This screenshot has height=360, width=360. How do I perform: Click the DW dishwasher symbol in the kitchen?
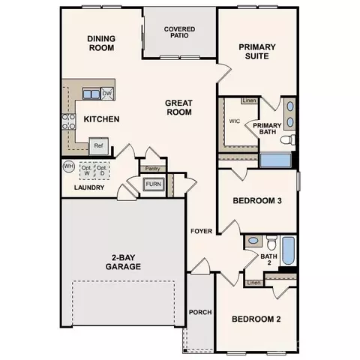click(107, 94)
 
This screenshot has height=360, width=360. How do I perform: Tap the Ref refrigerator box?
click(99, 146)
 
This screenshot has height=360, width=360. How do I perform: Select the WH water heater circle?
click(68, 166)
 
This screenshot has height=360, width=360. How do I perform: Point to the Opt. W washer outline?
click(87, 171)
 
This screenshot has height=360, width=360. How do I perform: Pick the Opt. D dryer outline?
click(102, 171)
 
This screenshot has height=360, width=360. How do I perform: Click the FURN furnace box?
click(154, 184)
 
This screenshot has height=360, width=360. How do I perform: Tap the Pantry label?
click(152, 169)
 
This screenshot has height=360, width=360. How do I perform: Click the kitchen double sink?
click(91, 94)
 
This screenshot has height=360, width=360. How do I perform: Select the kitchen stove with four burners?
click(69, 121)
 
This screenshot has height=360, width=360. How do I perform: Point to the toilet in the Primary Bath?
click(288, 139)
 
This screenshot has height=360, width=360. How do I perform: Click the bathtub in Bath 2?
click(288, 250)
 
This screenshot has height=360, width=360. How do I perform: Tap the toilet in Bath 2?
click(271, 242)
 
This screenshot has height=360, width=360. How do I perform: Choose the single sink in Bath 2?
click(253, 241)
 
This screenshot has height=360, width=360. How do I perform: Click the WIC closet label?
click(235, 121)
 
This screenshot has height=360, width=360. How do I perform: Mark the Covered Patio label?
click(179, 32)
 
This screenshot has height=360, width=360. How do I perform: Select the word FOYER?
click(201, 231)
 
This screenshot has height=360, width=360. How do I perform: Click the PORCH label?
click(200, 312)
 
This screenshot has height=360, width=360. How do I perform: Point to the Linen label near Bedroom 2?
click(253, 283)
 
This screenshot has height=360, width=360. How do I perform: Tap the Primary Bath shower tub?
click(275, 160)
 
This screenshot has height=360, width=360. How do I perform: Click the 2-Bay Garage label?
click(123, 262)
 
